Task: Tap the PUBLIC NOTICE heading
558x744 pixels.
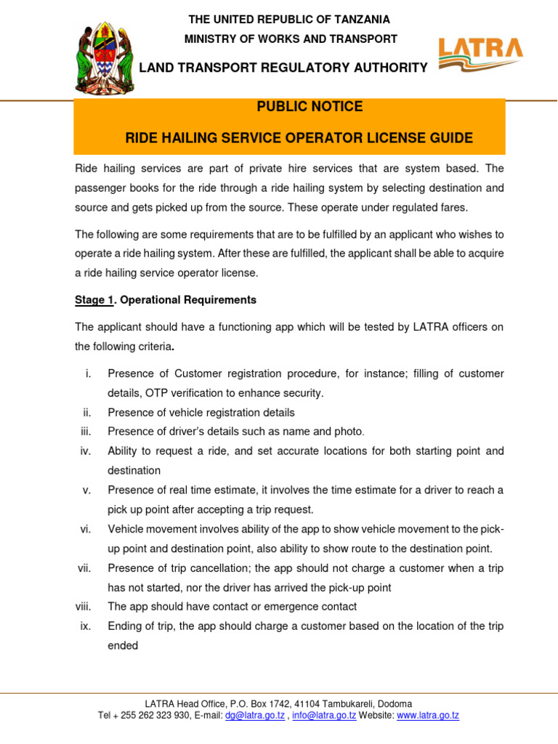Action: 310,107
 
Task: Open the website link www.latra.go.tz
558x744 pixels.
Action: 428,716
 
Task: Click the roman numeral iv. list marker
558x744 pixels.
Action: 85,451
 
